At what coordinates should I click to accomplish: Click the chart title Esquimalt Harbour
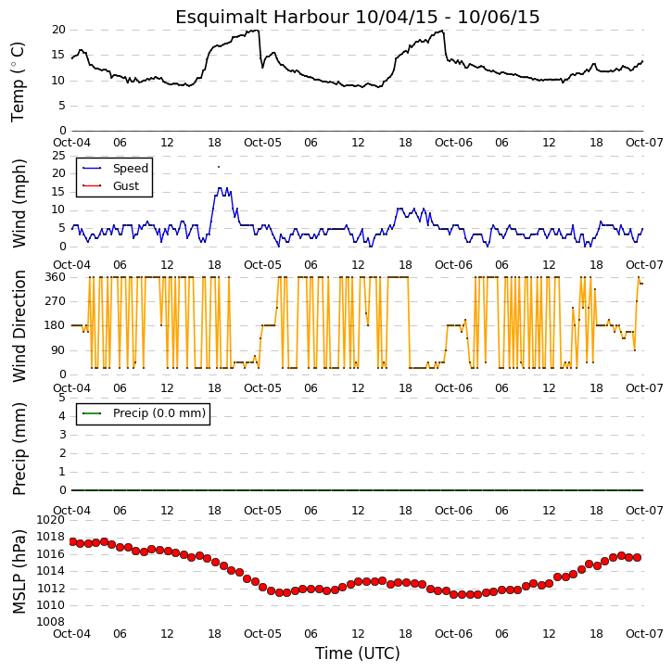pyautogui.click(x=262, y=17)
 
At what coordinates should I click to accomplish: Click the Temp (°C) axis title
pyautogui.click(x=18, y=82)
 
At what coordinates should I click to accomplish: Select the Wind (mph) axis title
pyautogui.click(x=19, y=204)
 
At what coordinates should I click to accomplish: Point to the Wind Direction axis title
pyautogui.click(x=19, y=326)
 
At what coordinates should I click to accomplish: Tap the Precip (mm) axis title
pyautogui.click(x=19, y=449)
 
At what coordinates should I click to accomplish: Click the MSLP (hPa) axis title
pyautogui.click(x=19, y=572)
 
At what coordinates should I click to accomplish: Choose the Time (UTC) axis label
pyautogui.click(x=358, y=653)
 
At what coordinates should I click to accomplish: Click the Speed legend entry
pyautogui.click(x=116, y=169)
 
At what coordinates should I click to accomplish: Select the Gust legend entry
pyautogui.click(x=111, y=186)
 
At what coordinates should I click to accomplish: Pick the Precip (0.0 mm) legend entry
pyautogui.click(x=144, y=413)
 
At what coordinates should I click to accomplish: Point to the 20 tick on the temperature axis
pyautogui.click(x=58, y=30)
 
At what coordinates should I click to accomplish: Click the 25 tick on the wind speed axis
pyautogui.click(x=58, y=156)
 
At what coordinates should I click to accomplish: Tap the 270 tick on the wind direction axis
pyautogui.click(x=56, y=301)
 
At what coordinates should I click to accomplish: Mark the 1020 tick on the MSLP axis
pyautogui.click(x=51, y=520)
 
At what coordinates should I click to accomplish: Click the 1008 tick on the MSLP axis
pyautogui.click(x=51, y=622)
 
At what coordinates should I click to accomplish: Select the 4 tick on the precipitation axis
pyautogui.click(x=63, y=416)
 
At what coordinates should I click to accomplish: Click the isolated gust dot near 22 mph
pyautogui.click(x=219, y=167)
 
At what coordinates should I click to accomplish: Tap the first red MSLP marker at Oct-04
pyautogui.click(x=72, y=542)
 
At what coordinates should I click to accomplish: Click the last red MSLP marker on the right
pyautogui.click(x=638, y=558)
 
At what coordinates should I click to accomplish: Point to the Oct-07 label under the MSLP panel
pyautogui.click(x=644, y=634)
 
